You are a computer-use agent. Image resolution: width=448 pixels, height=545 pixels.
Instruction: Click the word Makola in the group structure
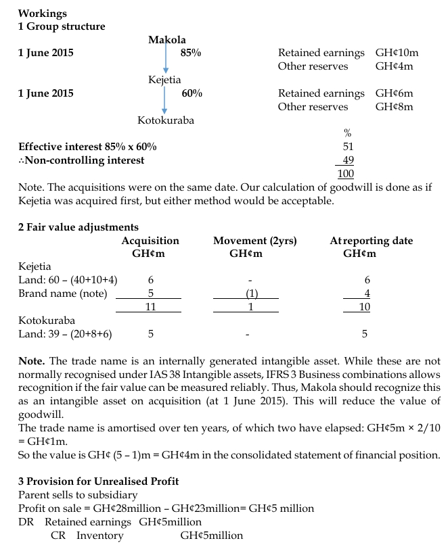click(x=167, y=40)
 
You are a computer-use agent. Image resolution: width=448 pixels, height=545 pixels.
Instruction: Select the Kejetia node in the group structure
click(x=164, y=80)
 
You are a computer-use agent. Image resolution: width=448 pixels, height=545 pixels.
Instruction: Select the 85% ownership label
click(x=191, y=53)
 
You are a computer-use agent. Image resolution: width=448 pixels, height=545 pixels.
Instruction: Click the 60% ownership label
click(x=192, y=93)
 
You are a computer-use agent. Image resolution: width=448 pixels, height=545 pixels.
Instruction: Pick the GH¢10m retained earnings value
click(x=394, y=53)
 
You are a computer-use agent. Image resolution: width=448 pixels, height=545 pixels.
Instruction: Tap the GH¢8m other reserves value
click(x=394, y=107)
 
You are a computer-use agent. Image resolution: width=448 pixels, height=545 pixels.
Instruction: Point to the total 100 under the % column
click(x=346, y=174)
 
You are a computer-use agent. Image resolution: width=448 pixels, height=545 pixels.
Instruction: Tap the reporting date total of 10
click(x=364, y=307)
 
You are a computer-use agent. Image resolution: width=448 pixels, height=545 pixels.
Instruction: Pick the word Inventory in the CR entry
click(x=99, y=536)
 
